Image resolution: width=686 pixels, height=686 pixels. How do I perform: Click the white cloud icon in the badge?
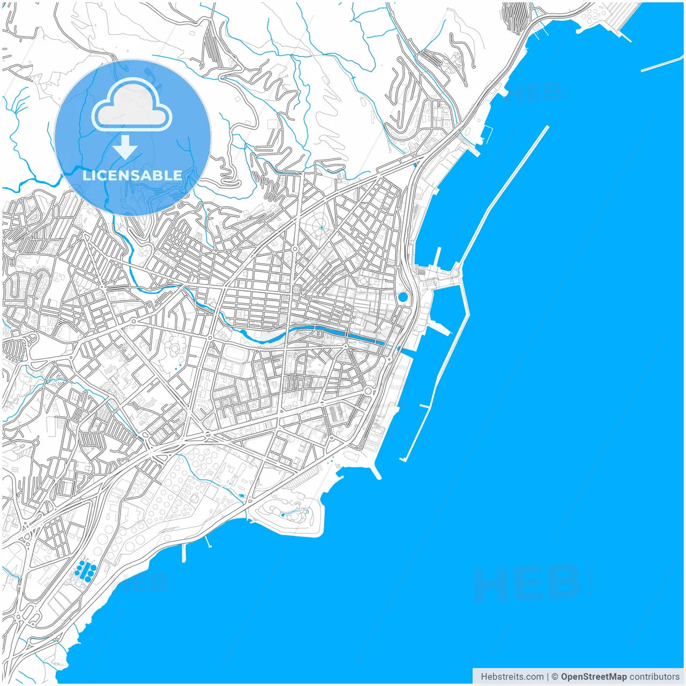point(131,106)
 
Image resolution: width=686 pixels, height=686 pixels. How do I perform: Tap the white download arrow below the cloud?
point(125,147)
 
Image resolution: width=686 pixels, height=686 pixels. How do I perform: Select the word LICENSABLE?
point(132,175)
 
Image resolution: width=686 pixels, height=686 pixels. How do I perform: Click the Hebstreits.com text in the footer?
point(512,677)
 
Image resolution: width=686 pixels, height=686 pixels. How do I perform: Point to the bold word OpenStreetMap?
point(593,677)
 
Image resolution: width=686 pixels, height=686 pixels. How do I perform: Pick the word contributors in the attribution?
point(654,677)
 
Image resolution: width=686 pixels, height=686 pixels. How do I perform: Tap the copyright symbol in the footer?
point(555,677)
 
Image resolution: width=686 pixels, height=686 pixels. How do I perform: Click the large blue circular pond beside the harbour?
point(402,297)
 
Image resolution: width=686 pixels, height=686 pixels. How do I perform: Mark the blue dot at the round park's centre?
point(321,228)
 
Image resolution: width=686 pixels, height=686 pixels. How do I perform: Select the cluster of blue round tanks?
point(86,569)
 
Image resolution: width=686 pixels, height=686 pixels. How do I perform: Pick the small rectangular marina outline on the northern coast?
point(488,134)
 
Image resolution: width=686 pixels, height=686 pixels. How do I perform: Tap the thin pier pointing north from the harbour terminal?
point(439,257)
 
